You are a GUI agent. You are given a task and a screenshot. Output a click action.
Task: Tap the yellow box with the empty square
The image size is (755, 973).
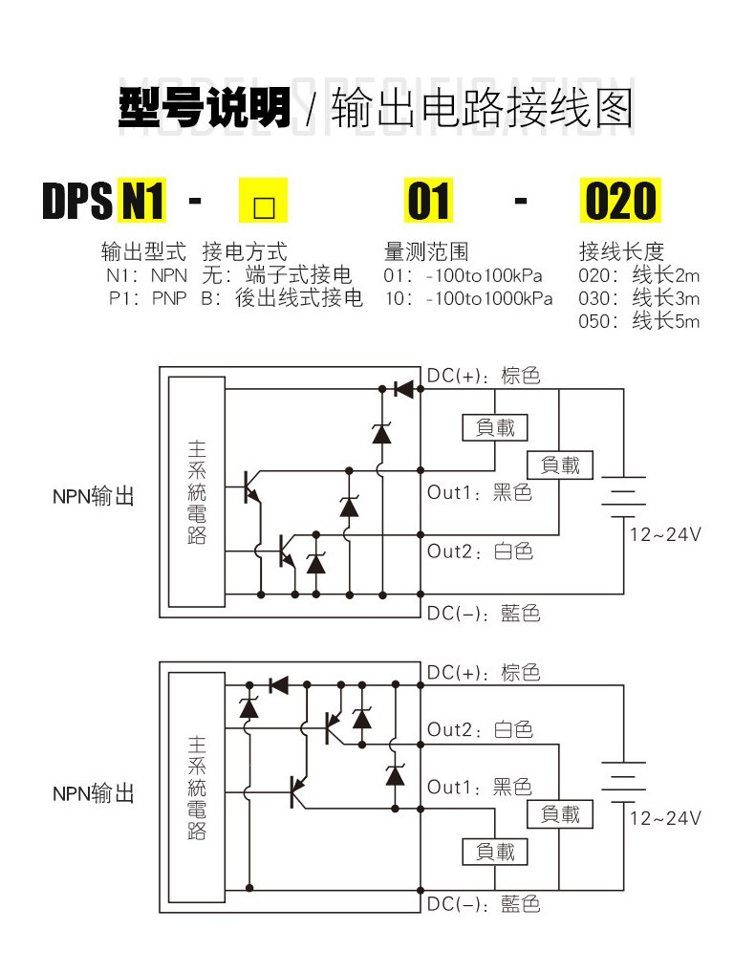[x=263, y=201]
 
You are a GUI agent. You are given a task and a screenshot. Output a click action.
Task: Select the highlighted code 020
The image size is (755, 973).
[x=620, y=201]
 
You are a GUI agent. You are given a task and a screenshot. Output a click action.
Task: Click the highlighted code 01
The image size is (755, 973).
[x=428, y=201]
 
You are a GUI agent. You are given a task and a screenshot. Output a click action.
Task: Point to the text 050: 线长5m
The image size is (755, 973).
[x=639, y=321]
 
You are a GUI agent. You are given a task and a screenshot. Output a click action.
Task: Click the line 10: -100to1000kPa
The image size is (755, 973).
[x=468, y=298]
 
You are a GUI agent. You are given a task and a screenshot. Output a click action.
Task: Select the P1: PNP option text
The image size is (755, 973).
[x=147, y=298]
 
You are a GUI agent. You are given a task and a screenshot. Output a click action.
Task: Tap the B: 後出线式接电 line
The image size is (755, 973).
[x=282, y=298]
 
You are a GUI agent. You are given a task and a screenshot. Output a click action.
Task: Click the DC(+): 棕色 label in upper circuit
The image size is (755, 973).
[x=484, y=376]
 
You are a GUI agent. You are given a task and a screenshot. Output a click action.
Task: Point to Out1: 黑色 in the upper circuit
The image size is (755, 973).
[x=480, y=492]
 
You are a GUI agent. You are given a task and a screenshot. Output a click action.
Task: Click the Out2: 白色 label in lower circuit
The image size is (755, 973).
[x=480, y=730]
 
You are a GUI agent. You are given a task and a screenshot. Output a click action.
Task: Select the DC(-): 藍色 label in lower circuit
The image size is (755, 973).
[x=484, y=904]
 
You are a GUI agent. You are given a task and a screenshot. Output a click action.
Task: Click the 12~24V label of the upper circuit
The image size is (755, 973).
[x=665, y=534]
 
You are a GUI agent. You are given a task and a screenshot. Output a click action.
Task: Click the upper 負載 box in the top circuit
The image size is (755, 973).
[x=495, y=427]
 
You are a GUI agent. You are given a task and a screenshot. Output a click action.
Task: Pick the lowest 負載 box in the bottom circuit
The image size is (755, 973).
[x=495, y=852]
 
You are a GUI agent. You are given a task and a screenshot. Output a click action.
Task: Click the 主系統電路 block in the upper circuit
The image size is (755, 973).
[x=197, y=491]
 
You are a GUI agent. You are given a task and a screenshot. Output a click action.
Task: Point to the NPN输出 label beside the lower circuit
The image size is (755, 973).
[x=94, y=793]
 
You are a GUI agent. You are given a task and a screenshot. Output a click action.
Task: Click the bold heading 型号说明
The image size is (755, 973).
[x=205, y=107]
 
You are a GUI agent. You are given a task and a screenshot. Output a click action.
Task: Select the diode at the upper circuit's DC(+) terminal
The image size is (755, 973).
[x=404, y=389]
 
